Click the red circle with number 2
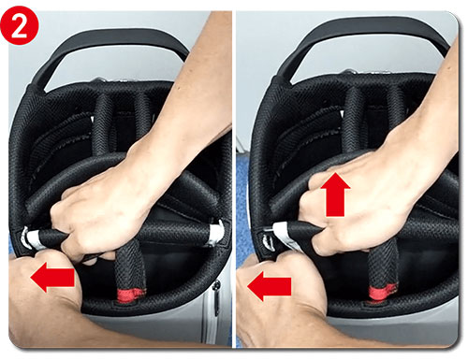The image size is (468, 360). pos(19,26)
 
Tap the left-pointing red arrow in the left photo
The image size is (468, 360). pos(52,277)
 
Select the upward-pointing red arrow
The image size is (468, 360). pos(335,194)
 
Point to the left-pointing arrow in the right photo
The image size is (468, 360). pos(270,286)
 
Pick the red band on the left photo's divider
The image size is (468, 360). pos(130,295)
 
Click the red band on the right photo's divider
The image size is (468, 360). pos(383,293)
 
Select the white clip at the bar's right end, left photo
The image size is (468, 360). pos(217,232)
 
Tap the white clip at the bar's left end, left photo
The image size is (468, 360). pos(30,239)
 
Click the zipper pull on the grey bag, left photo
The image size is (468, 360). pos(216,296)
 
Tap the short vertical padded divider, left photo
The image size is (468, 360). pos(130,269)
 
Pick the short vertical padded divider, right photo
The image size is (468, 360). pos(383,268)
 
